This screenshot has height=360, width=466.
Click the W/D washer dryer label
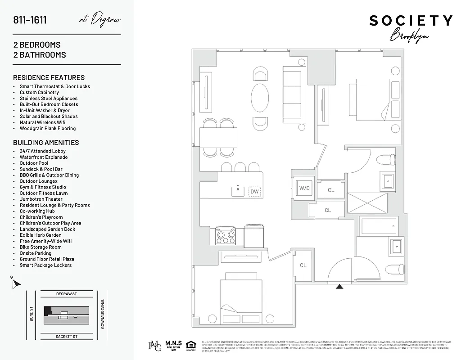coord(304,188)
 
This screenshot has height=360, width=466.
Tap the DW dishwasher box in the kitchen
coord(254,192)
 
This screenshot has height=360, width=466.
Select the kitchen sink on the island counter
coord(238,191)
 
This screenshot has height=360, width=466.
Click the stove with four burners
coord(226,235)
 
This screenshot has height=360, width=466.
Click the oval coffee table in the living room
coord(260,98)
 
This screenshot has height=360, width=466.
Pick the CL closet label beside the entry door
coord(303,265)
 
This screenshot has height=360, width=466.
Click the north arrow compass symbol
coord(16,283)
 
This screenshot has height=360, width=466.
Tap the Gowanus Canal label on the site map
coord(103,314)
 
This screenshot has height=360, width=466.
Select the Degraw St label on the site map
coord(67,294)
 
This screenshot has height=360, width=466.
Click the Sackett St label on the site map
coord(67,336)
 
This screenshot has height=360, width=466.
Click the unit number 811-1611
coord(30,20)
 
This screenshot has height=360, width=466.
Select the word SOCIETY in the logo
coord(411,21)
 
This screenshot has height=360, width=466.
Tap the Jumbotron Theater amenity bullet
coord(41,199)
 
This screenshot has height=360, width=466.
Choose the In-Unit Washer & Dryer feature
coord(45,110)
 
